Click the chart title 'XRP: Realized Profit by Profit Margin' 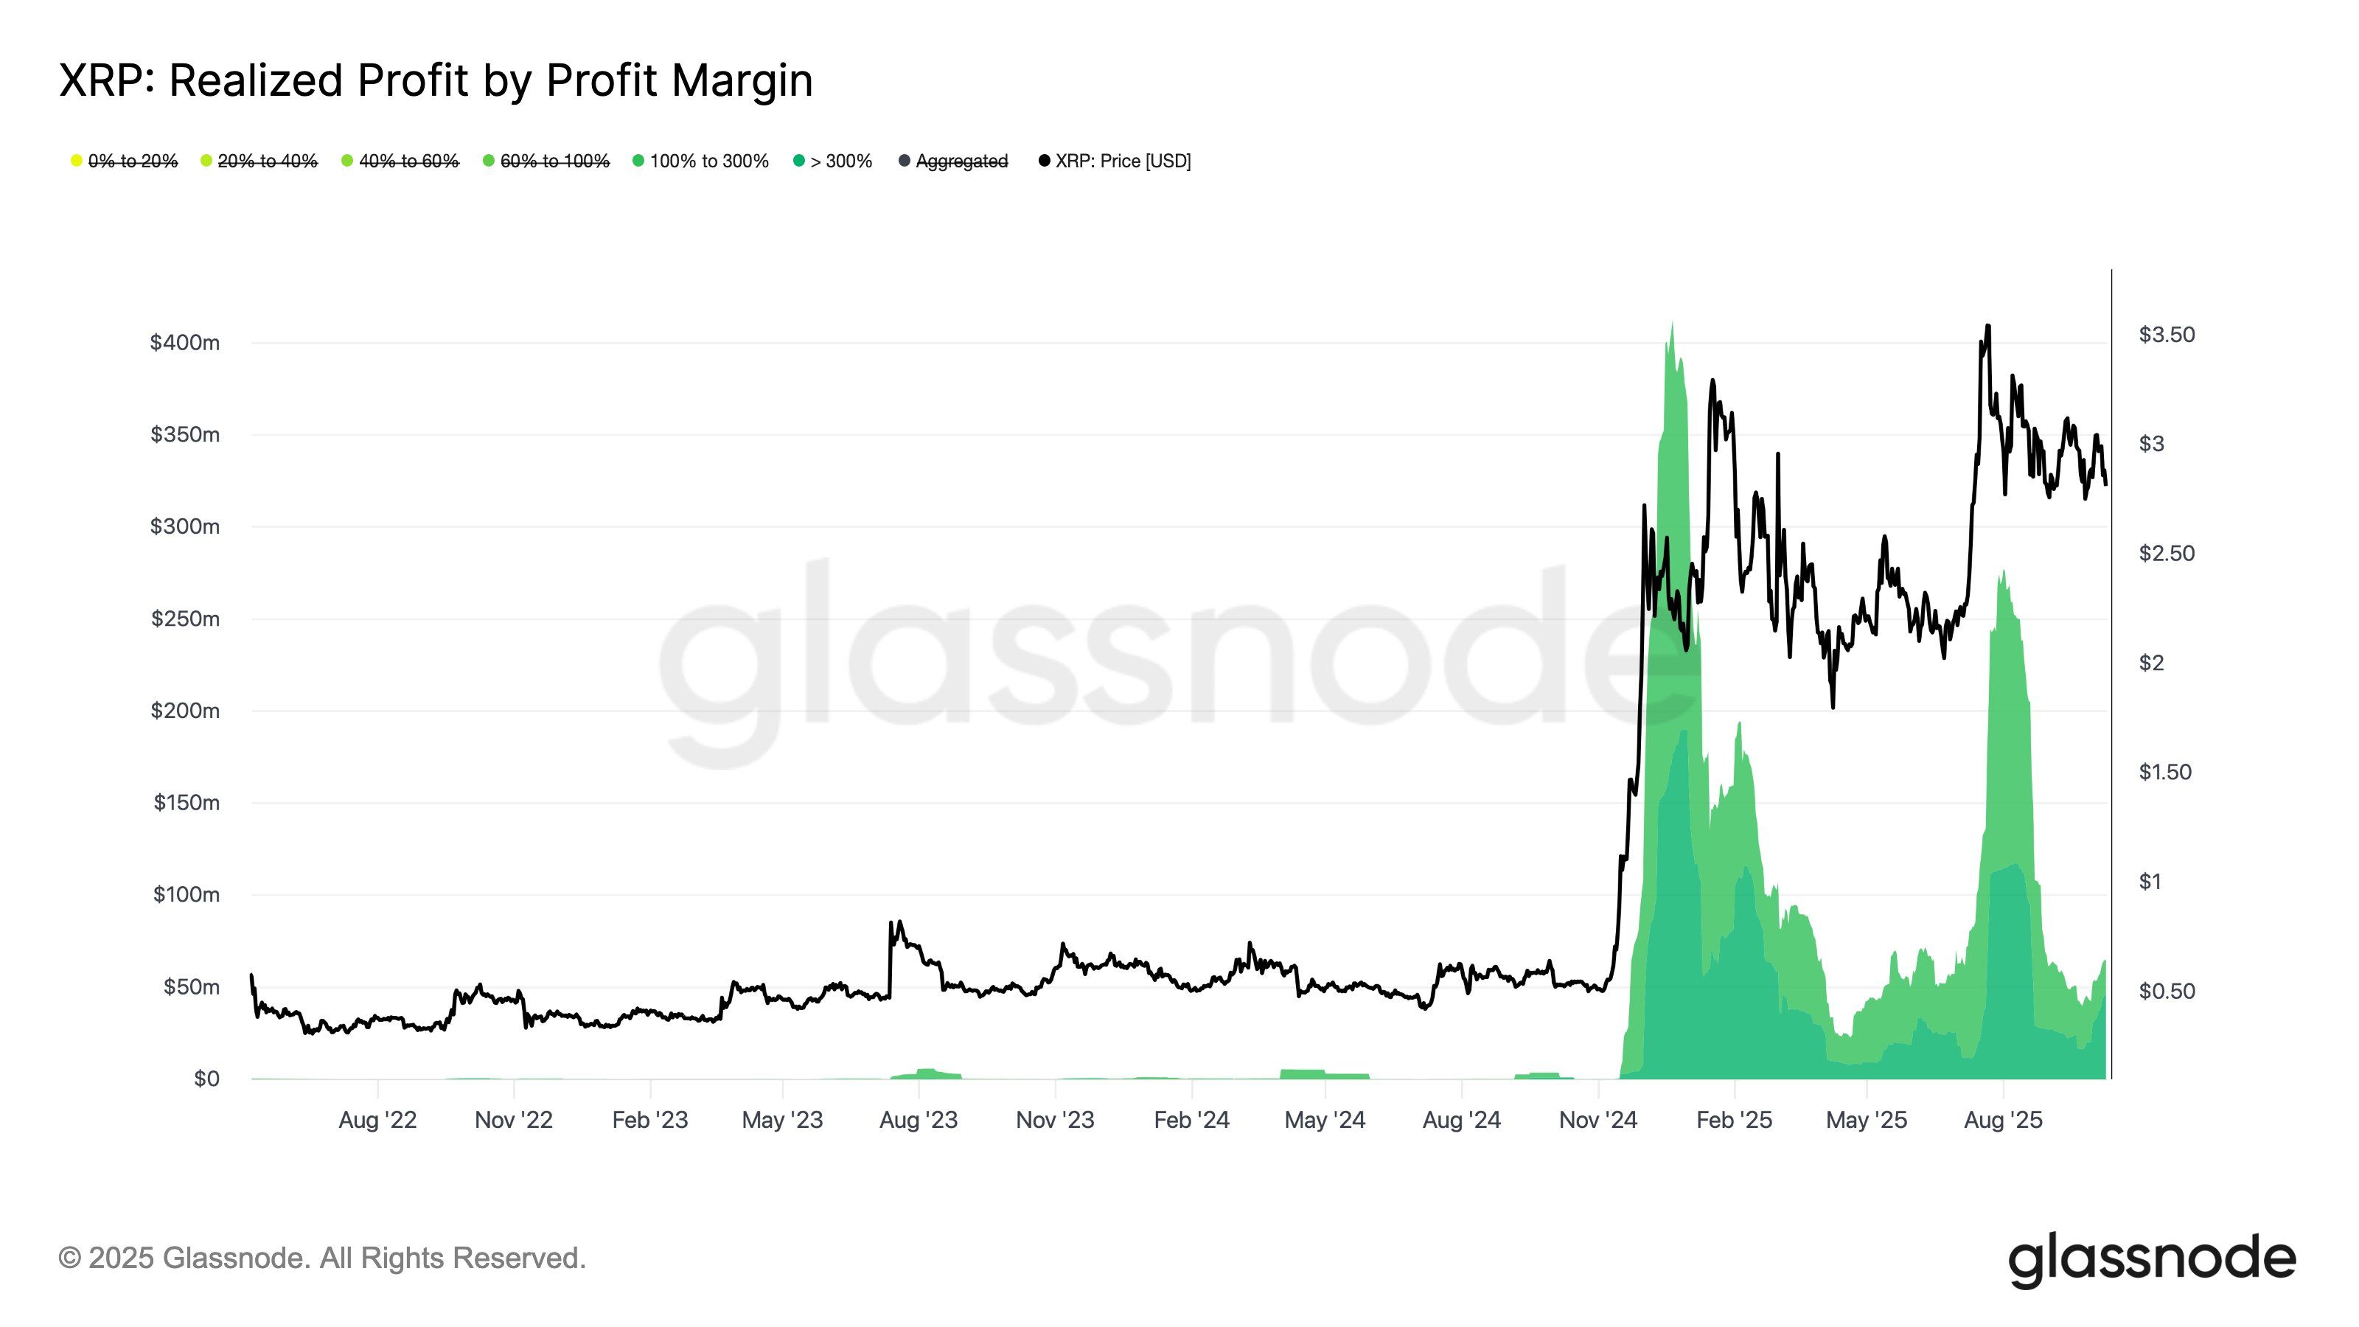(436, 80)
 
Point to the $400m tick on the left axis (185, 343)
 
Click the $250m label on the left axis (185, 619)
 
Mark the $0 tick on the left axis (206, 1078)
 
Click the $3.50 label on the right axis (2166, 334)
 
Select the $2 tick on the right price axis (2151, 662)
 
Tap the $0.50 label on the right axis (2166, 991)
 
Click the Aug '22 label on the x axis (377, 1120)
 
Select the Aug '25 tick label (2003, 1120)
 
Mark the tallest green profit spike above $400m (1672, 324)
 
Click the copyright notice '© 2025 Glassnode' (321, 1258)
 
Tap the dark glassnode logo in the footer (2151, 1259)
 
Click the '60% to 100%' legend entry (554, 161)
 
